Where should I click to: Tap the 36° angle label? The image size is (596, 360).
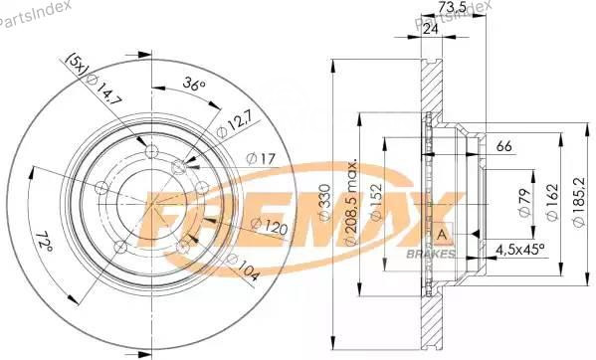click(x=192, y=86)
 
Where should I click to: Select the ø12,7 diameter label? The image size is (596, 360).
click(x=234, y=125)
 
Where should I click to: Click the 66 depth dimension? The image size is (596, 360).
click(x=503, y=146)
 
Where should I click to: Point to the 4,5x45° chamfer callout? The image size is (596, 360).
click(x=519, y=249)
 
